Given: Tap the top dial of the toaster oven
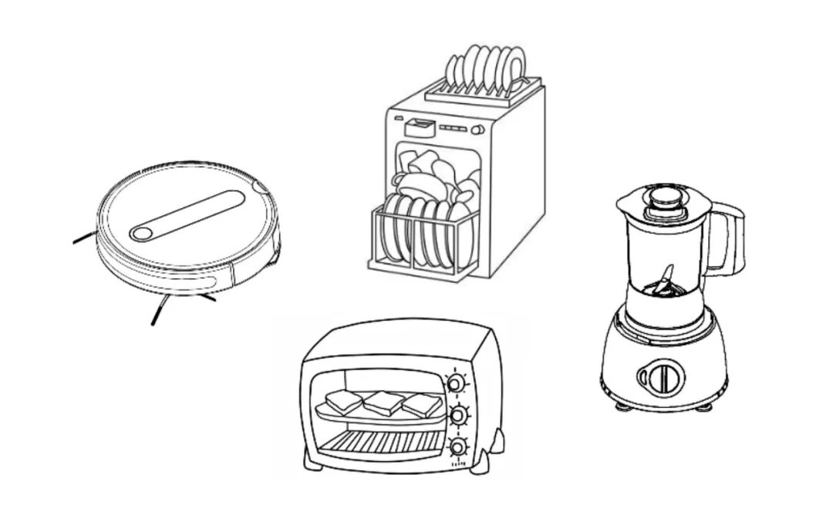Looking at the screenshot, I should coord(457,382).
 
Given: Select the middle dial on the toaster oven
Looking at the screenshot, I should coord(458,416).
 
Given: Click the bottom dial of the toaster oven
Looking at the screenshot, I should coord(458,448).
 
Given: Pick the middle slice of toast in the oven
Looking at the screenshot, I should coord(384,403).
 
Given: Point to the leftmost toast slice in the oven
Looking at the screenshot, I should coord(344,402).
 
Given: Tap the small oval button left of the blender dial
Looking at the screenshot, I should coord(642,377).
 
